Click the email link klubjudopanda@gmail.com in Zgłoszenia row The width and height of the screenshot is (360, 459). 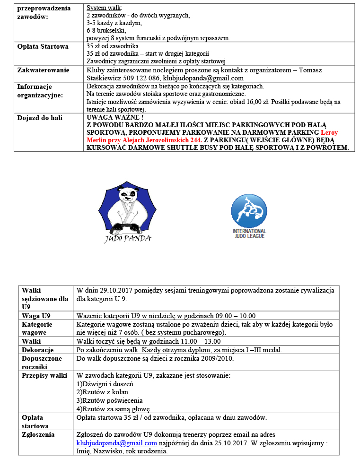[116, 443]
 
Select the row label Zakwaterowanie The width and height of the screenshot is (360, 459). [43, 70]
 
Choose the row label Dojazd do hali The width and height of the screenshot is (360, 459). [40, 118]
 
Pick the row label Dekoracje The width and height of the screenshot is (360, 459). [37, 350]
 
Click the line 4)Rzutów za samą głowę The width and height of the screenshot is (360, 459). [114, 409]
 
